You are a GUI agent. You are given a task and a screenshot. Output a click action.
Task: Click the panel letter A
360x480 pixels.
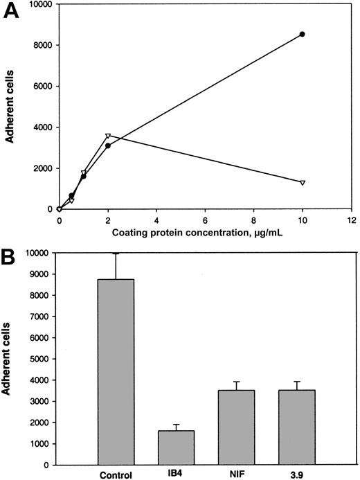point(12,12)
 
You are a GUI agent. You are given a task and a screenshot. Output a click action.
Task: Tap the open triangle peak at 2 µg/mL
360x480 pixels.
point(108,136)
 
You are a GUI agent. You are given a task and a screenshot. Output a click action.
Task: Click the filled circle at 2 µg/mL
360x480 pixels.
point(108,145)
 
